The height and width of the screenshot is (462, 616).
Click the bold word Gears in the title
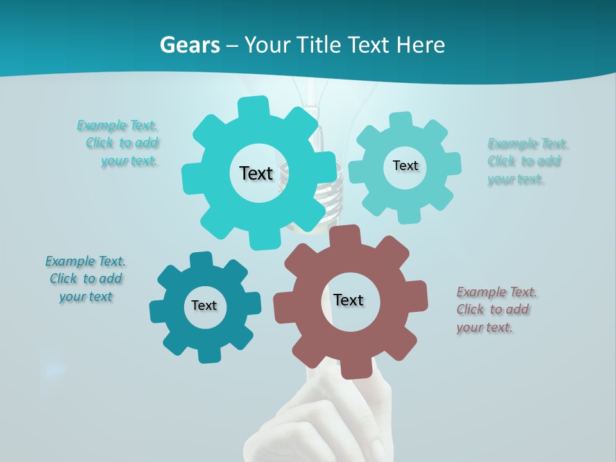click(189, 45)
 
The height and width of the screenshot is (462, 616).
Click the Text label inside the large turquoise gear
click(256, 173)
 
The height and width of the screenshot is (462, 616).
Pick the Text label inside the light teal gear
click(405, 166)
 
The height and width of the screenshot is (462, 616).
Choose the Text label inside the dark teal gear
click(204, 305)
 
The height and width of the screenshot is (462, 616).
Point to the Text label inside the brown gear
click(348, 300)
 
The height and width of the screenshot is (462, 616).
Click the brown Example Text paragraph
click(496, 310)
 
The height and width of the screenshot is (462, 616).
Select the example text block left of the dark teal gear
click(85, 279)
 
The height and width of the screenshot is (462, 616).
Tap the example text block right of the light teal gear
click(527, 161)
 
